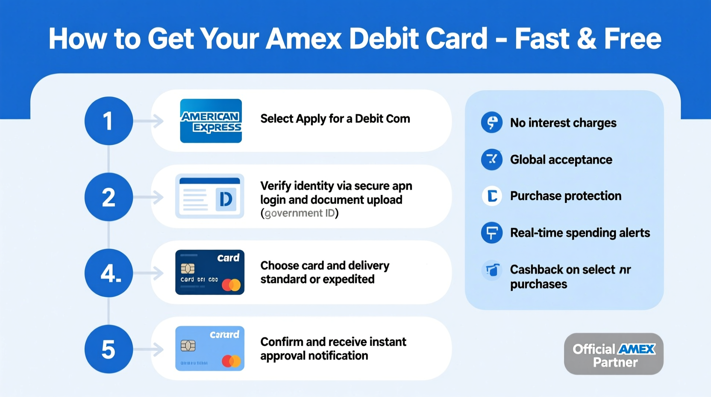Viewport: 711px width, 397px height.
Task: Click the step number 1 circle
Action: click(x=109, y=121)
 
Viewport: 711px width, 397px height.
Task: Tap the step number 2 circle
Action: click(x=109, y=197)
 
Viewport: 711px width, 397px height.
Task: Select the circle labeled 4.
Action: click(x=109, y=273)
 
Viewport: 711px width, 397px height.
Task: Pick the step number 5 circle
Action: click(x=109, y=349)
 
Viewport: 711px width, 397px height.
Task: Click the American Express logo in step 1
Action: click(x=211, y=121)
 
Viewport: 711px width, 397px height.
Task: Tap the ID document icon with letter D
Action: click(x=210, y=196)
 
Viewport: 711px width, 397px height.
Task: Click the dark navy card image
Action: click(x=210, y=272)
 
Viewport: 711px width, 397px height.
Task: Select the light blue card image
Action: click(x=210, y=348)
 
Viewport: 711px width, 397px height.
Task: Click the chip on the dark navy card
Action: click(x=188, y=269)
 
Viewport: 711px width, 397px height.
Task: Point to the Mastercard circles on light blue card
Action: click(x=231, y=361)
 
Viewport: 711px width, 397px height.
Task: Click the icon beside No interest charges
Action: click(x=492, y=123)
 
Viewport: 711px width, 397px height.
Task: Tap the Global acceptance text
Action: click(x=561, y=160)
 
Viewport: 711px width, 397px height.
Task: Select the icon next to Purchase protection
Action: click(x=492, y=196)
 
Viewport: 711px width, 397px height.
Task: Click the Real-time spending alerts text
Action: click(x=580, y=233)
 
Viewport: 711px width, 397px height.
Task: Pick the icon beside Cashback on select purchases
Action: click(x=492, y=270)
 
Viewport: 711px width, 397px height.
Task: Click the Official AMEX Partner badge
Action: click(x=614, y=354)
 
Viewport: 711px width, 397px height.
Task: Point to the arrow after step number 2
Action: click(x=150, y=197)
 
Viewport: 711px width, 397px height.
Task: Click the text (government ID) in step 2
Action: click(x=299, y=213)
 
